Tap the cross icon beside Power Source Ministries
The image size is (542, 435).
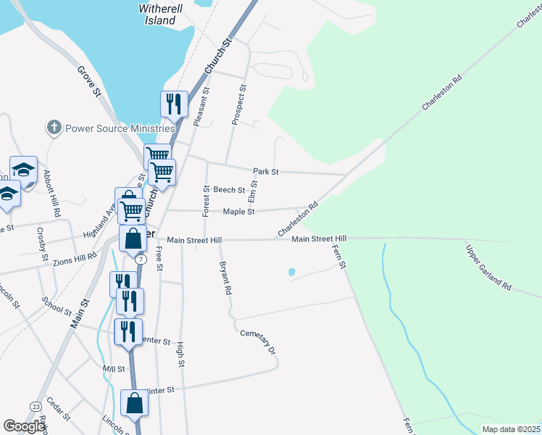point(53,128)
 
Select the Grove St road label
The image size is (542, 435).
point(88,80)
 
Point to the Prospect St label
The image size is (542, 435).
point(238,106)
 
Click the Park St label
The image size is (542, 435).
point(266,172)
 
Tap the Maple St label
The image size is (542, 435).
point(238,212)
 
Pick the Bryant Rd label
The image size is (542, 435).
point(225,277)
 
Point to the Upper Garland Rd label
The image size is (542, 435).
point(489,268)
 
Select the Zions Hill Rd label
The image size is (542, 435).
point(75,257)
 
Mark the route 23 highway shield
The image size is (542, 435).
point(36,406)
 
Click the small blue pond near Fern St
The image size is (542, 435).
point(291,273)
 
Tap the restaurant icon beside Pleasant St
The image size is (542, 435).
point(173,104)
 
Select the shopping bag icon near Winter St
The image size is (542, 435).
point(135,403)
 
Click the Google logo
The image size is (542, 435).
point(24,427)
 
